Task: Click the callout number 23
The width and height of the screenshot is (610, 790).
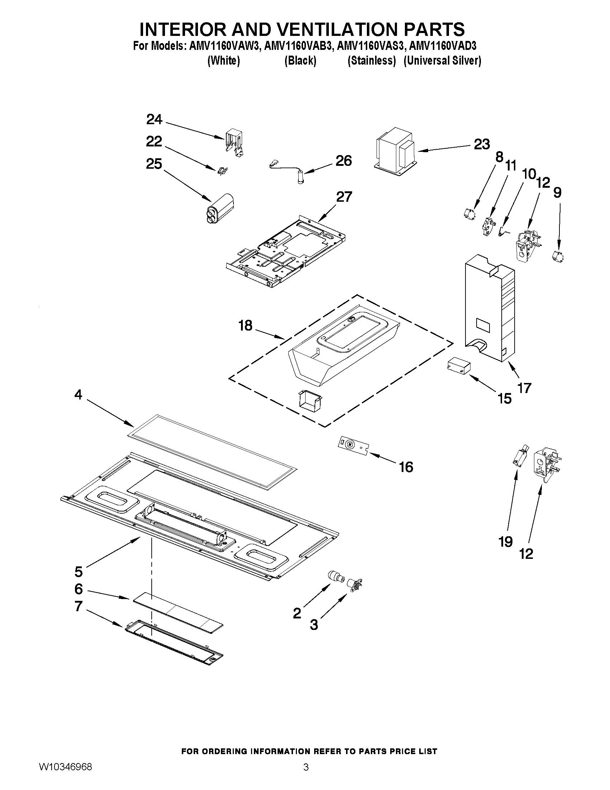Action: tap(482, 144)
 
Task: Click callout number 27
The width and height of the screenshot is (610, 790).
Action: tap(344, 197)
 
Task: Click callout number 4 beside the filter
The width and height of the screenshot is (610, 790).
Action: tap(78, 394)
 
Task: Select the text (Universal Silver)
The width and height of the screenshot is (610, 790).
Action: tap(442, 60)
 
